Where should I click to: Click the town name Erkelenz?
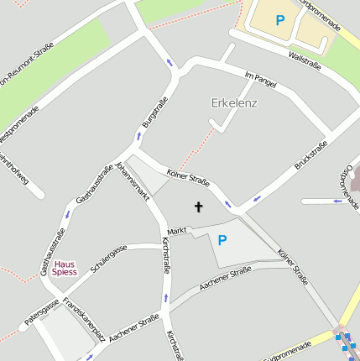point(233,104)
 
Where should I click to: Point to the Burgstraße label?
point(149,112)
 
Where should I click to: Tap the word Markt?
point(176,231)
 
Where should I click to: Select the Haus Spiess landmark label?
point(64,267)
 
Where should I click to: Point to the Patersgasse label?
point(40,311)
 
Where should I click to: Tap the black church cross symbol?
point(199,207)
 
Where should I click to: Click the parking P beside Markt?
point(222,240)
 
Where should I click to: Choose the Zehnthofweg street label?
point(15,168)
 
